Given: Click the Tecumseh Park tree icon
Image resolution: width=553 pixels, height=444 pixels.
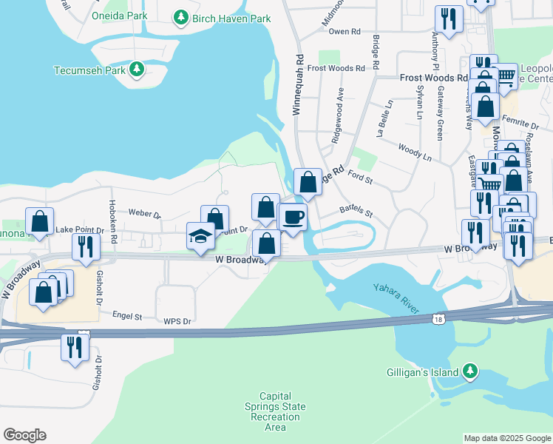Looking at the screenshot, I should pyautogui.click(x=136, y=70).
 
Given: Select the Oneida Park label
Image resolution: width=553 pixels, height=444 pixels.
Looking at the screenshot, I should pyautogui.click(x=118, y=16).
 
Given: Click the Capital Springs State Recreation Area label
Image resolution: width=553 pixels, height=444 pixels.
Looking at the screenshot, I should pyautogui.click(x=274, y=411).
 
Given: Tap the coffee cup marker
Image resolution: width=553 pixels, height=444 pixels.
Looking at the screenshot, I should pyautogui.click(x=293, y=218).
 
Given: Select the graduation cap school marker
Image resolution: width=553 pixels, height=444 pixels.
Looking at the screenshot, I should pyautogui.click(x=200, y=236).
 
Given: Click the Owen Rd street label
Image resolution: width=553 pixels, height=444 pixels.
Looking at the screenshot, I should pyautogui.click(x=344, y=32).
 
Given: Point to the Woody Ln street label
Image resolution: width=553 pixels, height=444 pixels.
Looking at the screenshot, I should pyautogui.click(x=414, y=152).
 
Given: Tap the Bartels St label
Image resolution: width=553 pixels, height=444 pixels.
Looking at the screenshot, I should pyautogui.click(x=356, y=212).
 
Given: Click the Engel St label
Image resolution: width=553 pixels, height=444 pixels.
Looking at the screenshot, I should pyautogui.click(x=126, y=315).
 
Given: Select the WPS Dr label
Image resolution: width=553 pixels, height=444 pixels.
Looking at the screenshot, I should pyautogui.click(x=177, y=321).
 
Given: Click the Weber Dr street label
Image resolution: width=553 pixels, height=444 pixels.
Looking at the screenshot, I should pyautogui.click(x=144, y=214).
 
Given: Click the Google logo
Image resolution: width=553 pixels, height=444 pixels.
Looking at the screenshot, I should pyautogui.click(x=24, y=435).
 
